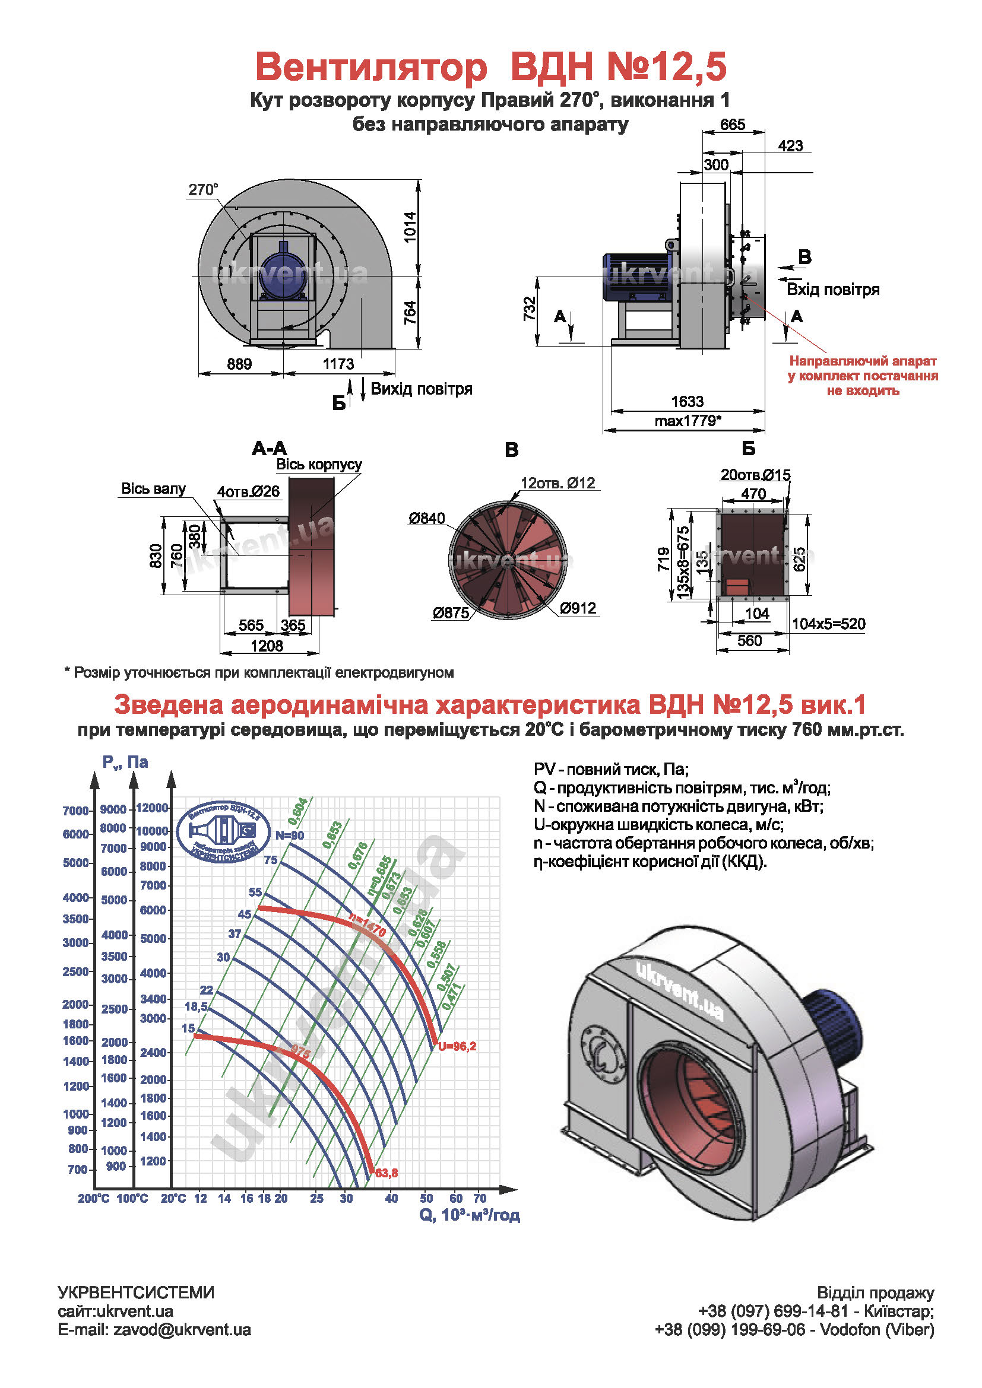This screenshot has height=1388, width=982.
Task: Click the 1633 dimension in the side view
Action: point(687,401)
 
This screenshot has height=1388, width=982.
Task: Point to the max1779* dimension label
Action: point(688,421)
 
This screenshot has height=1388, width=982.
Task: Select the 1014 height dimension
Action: point(411,227)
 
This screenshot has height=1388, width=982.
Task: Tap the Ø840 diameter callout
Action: point(426,518)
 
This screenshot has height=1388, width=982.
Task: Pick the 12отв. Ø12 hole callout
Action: point(557,483)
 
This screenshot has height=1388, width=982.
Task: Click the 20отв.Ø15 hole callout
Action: point(755,475)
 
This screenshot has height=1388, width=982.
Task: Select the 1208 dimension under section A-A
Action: point(267,646)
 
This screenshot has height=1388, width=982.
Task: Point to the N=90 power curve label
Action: point(290,836)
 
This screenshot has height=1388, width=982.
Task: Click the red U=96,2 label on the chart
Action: point(457,1046)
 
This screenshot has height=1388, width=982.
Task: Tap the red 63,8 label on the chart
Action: point(387,1173)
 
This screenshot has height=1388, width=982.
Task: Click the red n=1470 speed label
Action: point(367,926)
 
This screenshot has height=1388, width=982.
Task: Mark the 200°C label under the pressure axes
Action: point(93,1198)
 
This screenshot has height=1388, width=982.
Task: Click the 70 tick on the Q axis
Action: point(480,1198)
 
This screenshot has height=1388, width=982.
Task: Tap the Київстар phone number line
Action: point(816,1311)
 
